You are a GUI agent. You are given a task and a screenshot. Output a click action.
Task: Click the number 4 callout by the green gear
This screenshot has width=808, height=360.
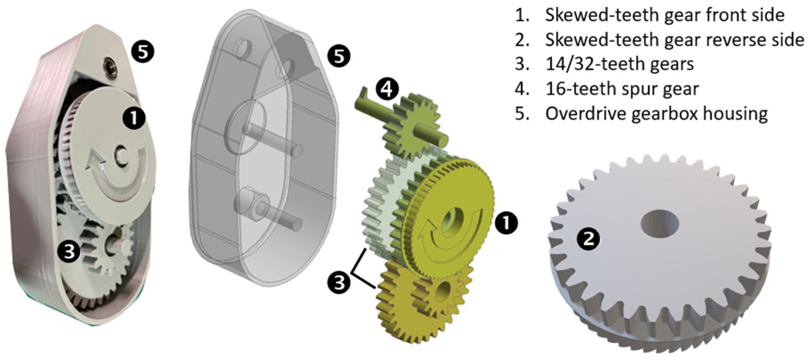tap(387, 90)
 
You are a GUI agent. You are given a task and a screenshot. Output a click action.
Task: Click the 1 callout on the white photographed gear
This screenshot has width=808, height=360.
tap(134, 119)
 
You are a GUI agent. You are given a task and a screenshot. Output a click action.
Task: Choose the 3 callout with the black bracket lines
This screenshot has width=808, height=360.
tap(339, 282)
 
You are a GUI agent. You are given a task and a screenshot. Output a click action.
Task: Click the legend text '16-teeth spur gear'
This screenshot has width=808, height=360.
tap(622, 89)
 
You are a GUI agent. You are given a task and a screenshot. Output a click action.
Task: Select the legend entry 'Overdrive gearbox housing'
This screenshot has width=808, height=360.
tap(656, 113)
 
